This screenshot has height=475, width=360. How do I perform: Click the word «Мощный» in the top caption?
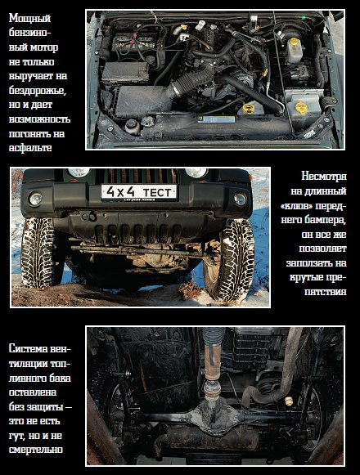click(29, 19)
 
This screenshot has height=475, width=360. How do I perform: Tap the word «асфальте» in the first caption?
click(30, 148)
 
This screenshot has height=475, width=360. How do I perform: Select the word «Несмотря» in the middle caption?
click(324, 176)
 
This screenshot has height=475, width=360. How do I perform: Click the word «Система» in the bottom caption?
click(28, 348)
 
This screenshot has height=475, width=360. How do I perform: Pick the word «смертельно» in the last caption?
click(36, 450)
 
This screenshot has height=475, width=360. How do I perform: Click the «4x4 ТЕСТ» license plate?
click(138, 192)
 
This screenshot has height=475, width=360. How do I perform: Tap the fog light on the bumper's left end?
click(35, 199)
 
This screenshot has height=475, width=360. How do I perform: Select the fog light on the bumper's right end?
click(240, 199)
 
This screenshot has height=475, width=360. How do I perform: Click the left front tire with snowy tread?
click(37, 252)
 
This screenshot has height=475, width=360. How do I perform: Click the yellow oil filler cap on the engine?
click(248, 109)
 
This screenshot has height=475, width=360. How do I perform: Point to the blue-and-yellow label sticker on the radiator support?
click(217, 119)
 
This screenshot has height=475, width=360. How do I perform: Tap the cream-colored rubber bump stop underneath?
click(289, 401)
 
